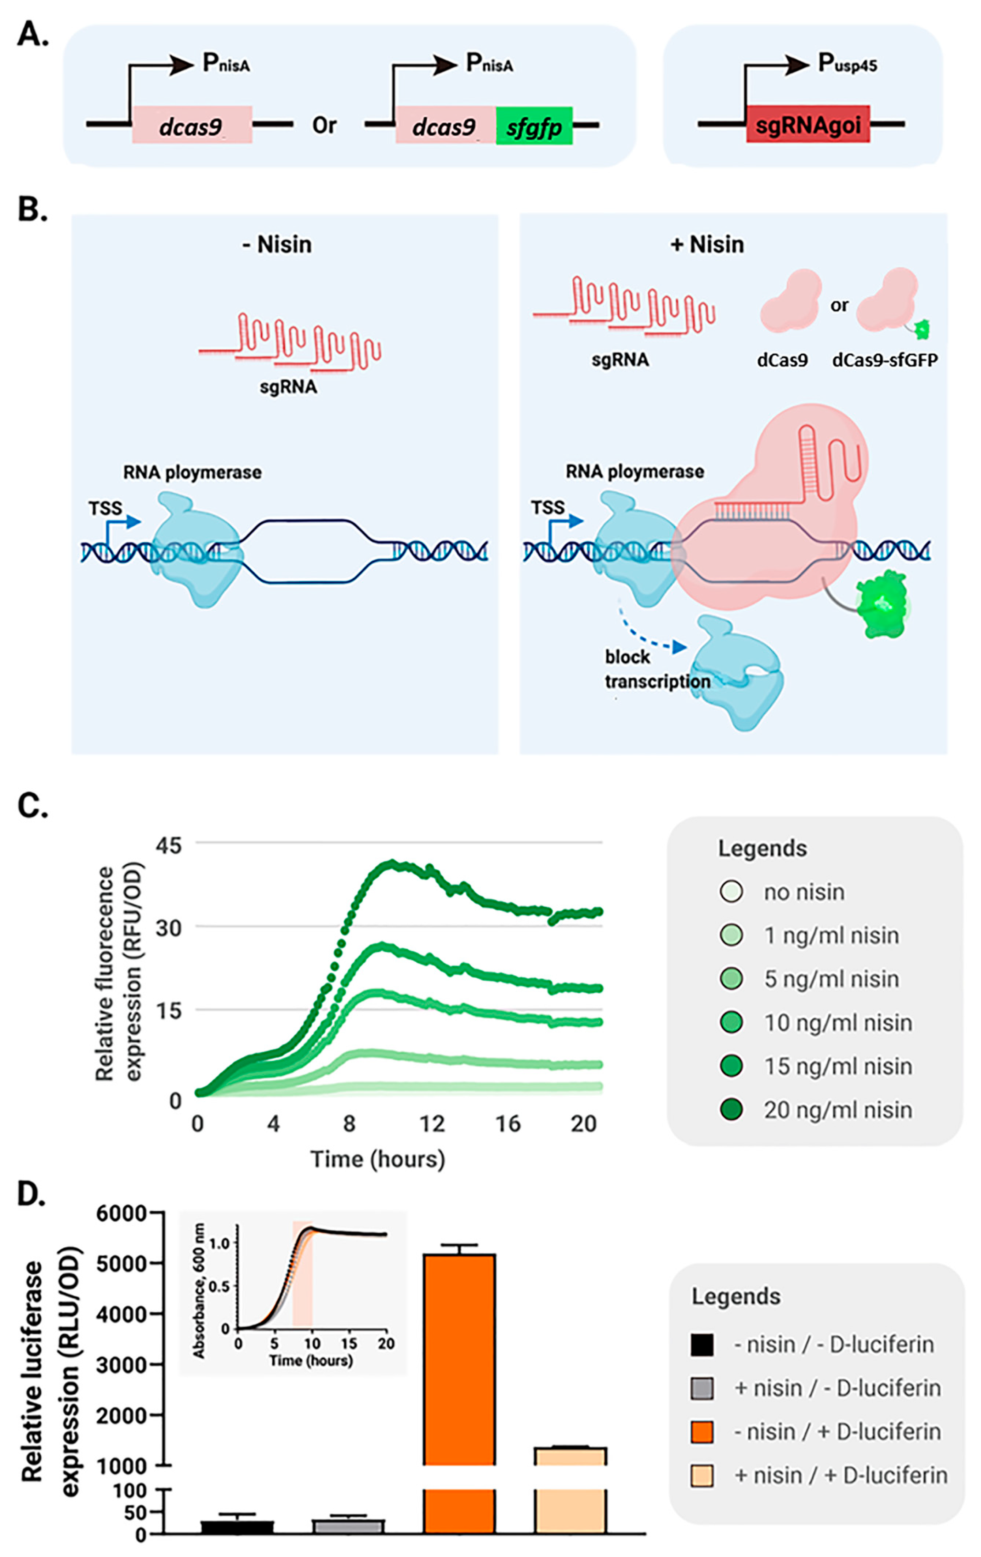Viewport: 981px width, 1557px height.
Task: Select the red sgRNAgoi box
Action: click(x=807, y=124)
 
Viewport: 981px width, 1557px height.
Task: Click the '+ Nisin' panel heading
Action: click(x=707, y=245)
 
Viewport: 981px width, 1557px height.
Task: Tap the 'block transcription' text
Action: click(x=656, y=669)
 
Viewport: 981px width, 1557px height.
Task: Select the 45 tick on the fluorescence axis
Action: click(x=169, y=845)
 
